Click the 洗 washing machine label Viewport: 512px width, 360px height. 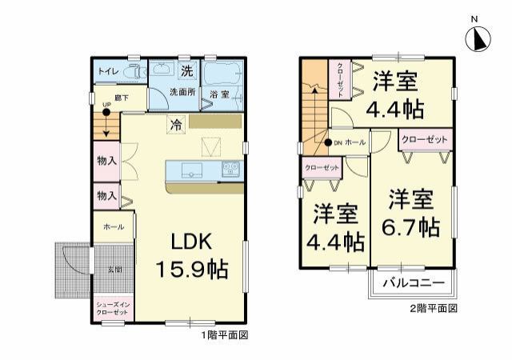[186, 70]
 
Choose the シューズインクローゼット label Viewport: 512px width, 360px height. [113, 309]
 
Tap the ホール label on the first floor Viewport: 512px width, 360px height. [114, 227]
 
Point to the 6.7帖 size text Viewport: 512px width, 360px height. [411, 226]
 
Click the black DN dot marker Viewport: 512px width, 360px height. [327, 142]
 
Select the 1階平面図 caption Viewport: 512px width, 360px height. [224, 336]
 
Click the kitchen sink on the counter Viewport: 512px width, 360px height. [192, 170]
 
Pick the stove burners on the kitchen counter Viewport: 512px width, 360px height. [231, 169]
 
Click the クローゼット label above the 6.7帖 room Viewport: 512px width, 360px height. [424, 139]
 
